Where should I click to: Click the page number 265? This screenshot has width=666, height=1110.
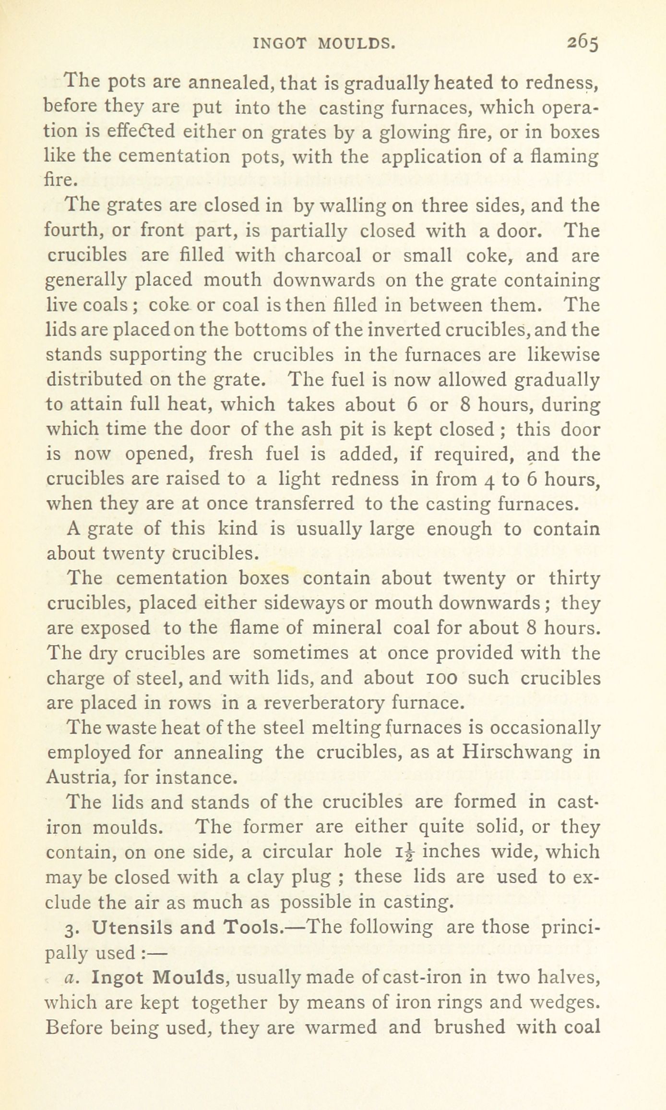[x=583, y=44]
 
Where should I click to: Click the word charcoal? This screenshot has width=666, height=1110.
[x=322, y=255]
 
